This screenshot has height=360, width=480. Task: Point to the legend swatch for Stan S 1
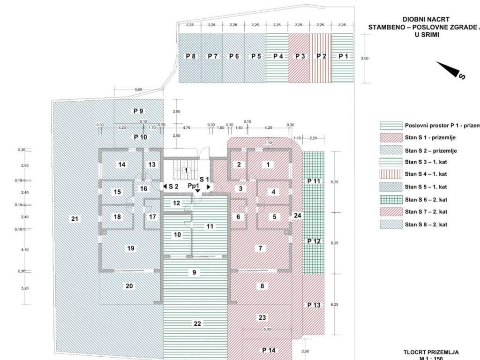click(391, 138)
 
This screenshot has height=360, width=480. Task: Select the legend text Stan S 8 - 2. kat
click(426, 225)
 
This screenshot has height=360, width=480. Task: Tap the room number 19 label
click(130, 248)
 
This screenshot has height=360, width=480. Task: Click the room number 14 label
click(122, 165)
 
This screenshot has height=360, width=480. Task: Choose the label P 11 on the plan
click(314, 181)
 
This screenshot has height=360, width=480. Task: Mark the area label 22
click(197, 323)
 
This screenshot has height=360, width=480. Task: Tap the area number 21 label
click(75, 218)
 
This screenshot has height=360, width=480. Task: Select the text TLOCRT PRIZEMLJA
click(430, 352)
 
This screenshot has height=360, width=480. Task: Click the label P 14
click(269, 350)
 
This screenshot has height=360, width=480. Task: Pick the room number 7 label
click(261, 248)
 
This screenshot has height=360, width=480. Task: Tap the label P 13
click(314, 305)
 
